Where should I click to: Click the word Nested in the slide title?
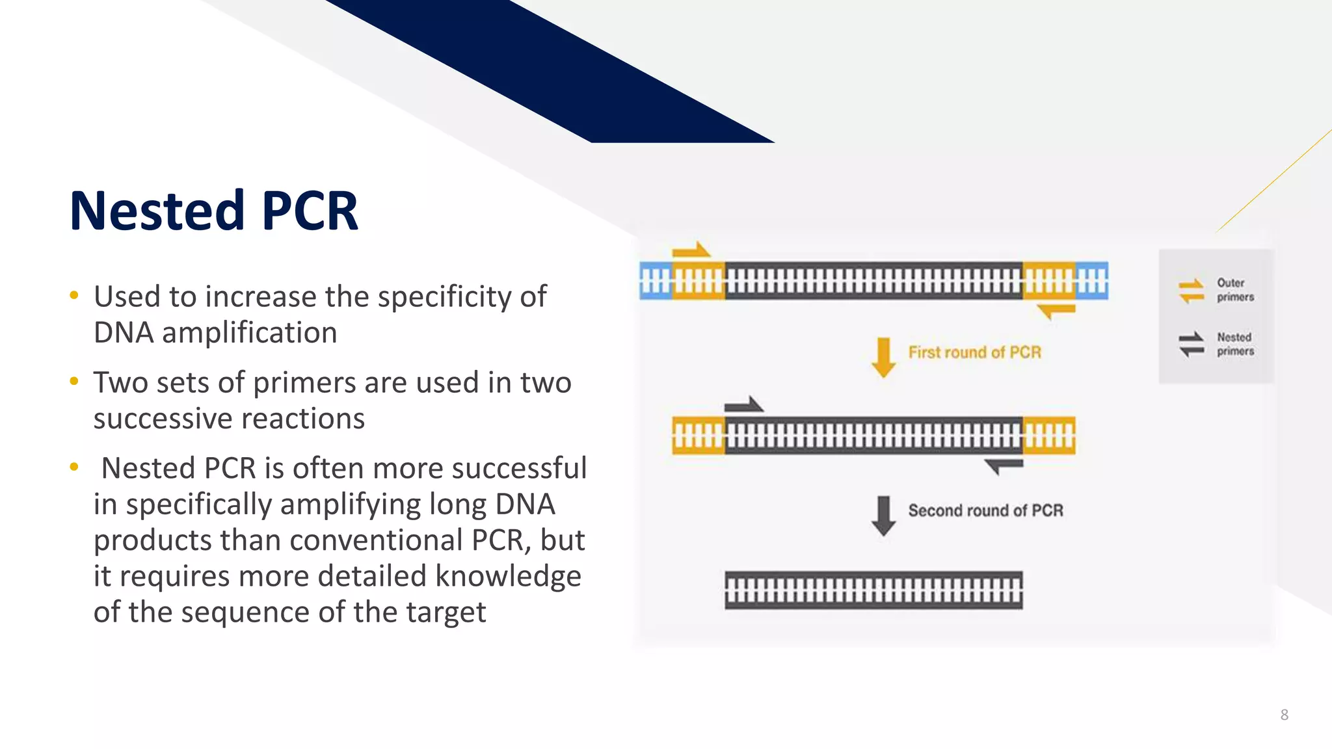156,211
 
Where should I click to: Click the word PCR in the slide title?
310,211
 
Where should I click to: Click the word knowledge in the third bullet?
508,576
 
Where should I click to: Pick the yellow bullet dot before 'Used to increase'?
74,296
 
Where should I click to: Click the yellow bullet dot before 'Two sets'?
74,382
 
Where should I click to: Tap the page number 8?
1285,715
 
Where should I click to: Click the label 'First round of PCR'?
974,352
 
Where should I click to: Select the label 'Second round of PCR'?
985,510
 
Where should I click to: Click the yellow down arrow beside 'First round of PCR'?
883,357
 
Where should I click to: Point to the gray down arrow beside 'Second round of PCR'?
883,515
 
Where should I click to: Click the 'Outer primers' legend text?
1235,290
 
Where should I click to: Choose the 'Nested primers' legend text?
1235,344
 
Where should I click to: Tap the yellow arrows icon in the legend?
1192,291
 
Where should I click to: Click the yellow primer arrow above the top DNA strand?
691,250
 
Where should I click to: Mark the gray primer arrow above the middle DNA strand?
744,405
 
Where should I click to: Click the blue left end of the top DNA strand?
656,281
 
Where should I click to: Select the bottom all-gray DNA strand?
873,590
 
